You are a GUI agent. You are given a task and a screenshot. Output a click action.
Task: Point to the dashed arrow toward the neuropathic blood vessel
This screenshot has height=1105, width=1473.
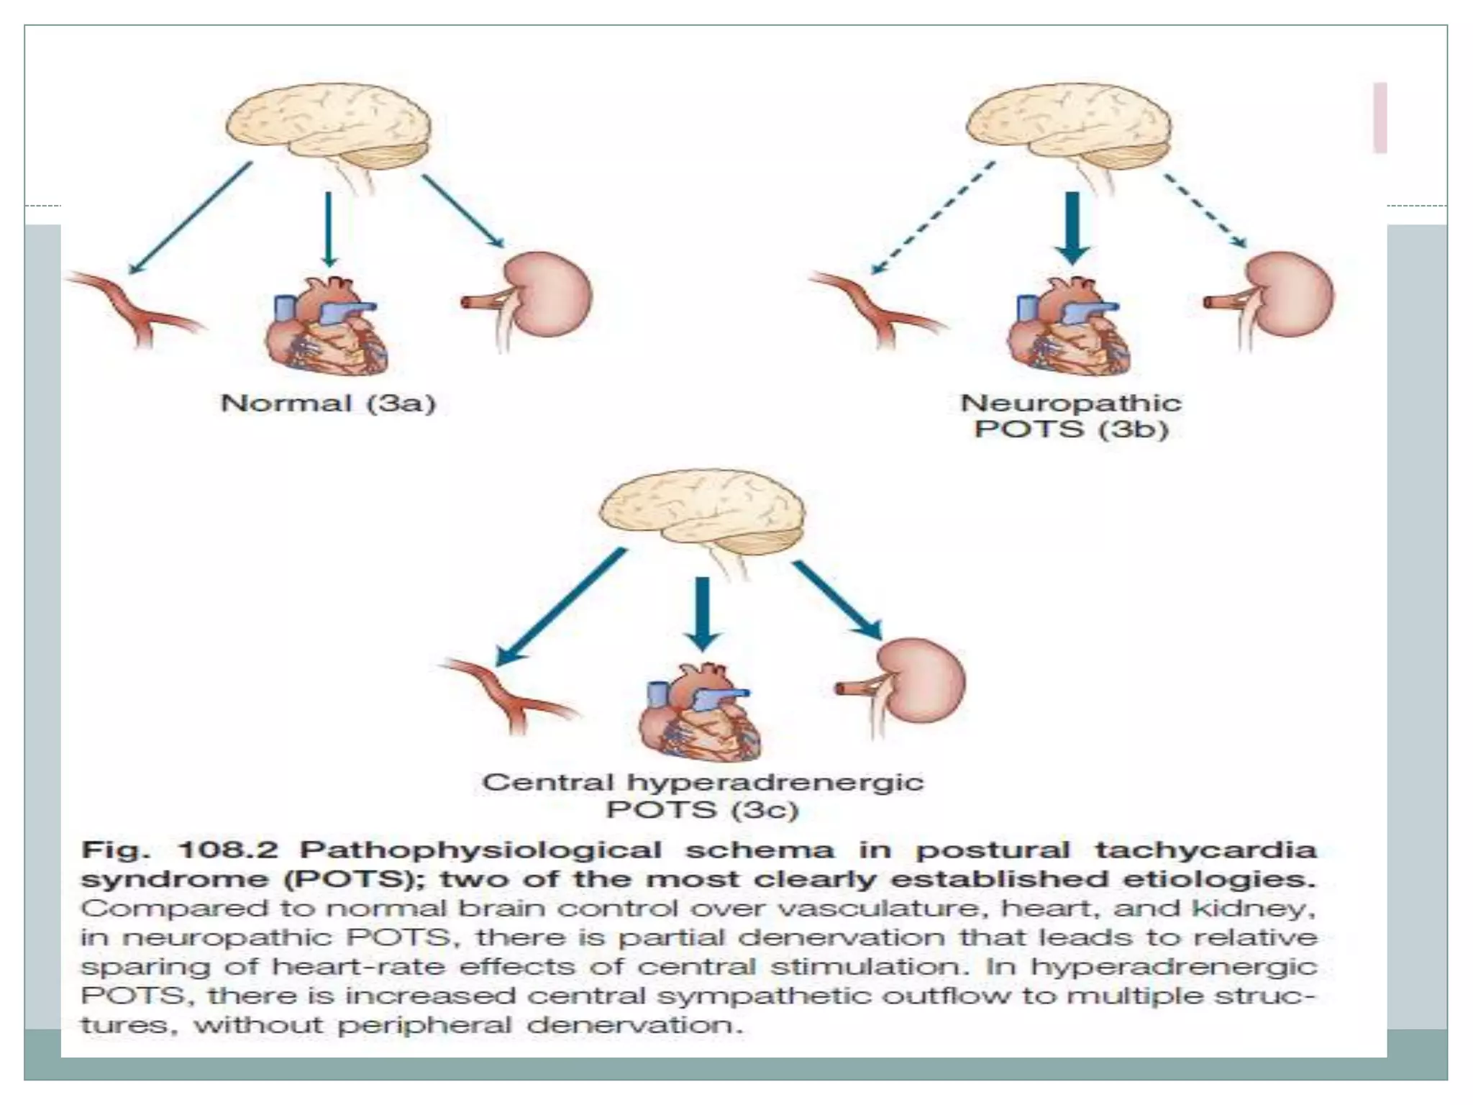coord(933,217)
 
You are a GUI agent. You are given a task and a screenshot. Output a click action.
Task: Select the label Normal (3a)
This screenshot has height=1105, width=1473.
coord(328,403)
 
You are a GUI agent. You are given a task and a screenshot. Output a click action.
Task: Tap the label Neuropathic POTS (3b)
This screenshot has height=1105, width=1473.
coord(1070,416)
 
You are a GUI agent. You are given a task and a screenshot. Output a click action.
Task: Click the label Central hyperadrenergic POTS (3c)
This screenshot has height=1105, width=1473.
coord(702,796)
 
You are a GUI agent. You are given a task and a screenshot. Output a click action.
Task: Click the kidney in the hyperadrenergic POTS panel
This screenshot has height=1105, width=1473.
coord(921,680)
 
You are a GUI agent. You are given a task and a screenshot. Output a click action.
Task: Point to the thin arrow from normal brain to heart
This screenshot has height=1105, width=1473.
coord(329,229)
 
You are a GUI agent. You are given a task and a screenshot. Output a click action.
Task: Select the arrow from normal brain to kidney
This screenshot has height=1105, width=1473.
coord(462,211)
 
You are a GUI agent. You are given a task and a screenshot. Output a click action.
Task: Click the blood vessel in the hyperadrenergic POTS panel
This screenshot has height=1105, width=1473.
coord(511,694)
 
